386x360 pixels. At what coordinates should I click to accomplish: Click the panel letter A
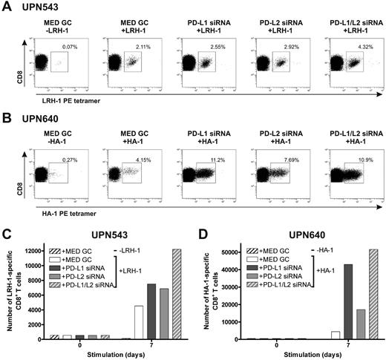[5, 7]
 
